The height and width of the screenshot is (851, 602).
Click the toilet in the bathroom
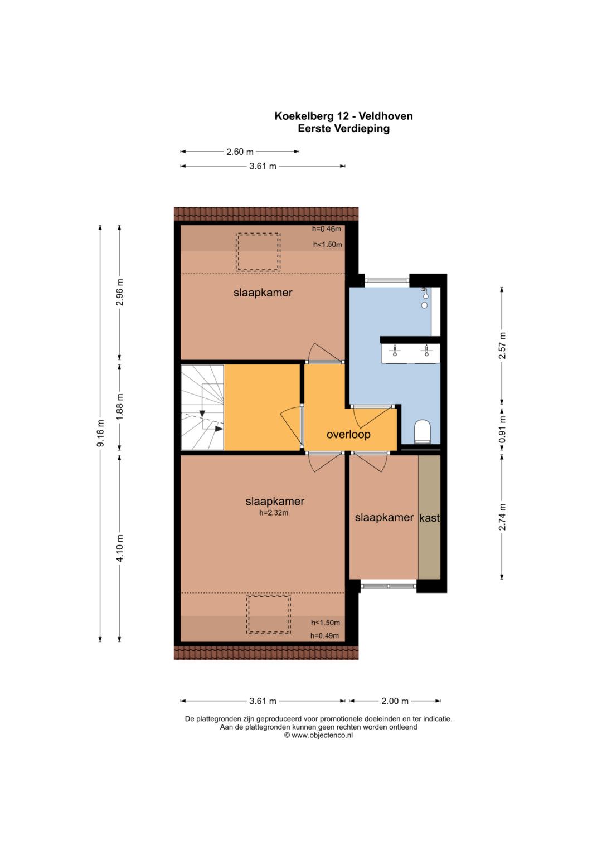[423, 431]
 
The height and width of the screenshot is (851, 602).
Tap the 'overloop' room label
[348, 434]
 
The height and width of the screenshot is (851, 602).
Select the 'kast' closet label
[429, 518]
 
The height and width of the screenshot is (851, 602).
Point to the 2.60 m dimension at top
[240, 152]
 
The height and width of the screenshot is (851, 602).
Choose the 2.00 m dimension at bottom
[395, 701]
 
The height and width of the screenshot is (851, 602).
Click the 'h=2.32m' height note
[274, 513]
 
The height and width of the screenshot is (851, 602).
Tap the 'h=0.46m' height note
[327, 228]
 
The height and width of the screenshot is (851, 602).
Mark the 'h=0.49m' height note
[324, 635]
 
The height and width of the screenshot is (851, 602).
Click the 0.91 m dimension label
[502, 429]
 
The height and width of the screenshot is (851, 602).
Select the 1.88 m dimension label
[120, 407]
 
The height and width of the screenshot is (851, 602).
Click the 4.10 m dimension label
[120, 548]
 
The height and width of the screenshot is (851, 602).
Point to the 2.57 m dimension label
[502, 346]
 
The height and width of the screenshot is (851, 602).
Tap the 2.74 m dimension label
[502, 517]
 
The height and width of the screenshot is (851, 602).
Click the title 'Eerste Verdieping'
[343, 128]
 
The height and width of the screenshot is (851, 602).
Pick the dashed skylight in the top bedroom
[258, 252]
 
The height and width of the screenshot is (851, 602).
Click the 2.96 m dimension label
[120, 292]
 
